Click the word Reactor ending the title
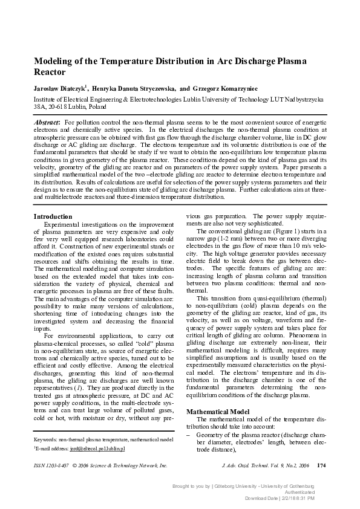(50, 73)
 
